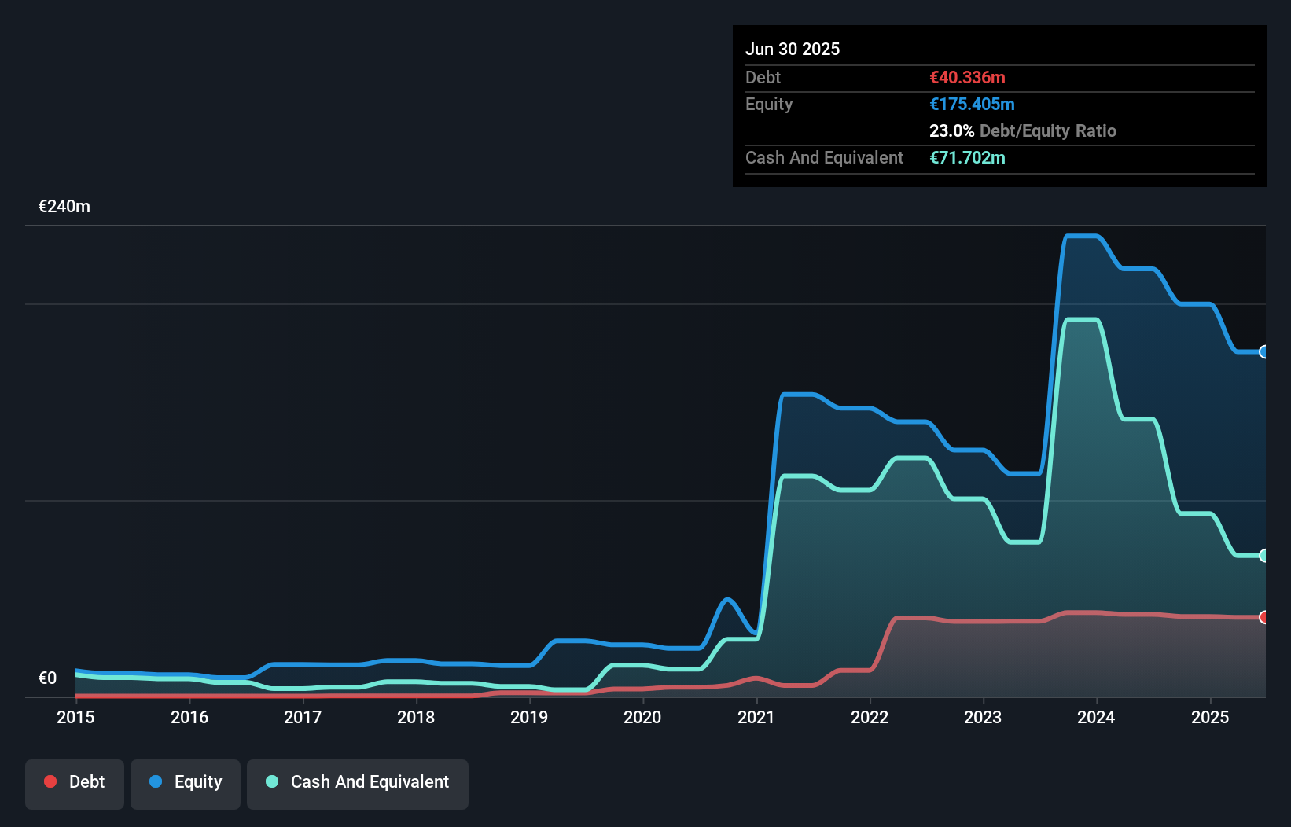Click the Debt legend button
(75, 782)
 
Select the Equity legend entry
(186, 782)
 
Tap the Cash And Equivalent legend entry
(358, 782)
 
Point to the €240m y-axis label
(64, 207)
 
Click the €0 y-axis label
(47, 678)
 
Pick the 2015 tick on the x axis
(75, 717)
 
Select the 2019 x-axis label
(529, 717)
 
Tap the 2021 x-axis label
(756, 717)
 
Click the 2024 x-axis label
(1096, 717)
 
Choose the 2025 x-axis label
(1210, 717)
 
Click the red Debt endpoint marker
(1263, 617)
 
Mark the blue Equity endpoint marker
(1263, 352)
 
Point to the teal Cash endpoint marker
(1263, 556)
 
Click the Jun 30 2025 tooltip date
(793, 49)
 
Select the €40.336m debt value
(967, 77)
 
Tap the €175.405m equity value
(972, 104)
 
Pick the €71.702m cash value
(967, 157)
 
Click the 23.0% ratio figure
(951, 130)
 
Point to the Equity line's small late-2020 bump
(727, 601)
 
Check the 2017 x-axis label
(303, 717)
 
